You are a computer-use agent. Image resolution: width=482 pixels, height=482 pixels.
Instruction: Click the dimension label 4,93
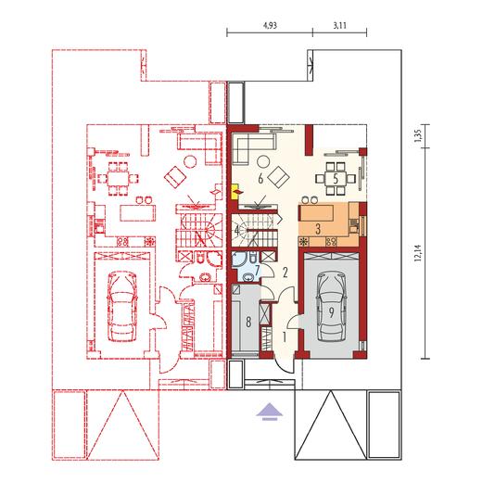(x=270, y=25)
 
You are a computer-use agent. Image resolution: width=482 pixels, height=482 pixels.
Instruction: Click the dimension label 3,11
(x=339, y=25)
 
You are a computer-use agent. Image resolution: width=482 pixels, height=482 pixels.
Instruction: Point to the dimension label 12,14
(x=418, y=253)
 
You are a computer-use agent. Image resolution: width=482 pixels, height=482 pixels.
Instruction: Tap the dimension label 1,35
(x=418, y=135)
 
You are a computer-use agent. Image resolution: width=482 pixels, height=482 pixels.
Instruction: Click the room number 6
(x=260, y=179)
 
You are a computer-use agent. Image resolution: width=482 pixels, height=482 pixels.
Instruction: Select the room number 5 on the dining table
(x=336, y=179)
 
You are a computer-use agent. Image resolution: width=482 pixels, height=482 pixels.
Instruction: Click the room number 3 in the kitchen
(x=318, y=229)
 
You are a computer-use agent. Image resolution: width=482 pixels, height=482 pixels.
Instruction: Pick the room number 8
(x=248, y=323)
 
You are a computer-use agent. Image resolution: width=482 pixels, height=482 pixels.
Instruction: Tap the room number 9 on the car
(x=331, y=312)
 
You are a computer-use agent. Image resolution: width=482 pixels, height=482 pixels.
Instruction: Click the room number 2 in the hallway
(x=285, y=273)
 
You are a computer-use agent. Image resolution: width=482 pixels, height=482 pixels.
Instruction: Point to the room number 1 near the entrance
(x=285, y=337)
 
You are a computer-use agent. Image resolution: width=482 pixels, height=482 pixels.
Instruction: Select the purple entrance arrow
(x=270, y=412)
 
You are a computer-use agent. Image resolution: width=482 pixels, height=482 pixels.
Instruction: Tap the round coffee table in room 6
(x=263, y=161)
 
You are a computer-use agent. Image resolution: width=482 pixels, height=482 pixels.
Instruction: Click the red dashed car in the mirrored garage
(x=122, y=307)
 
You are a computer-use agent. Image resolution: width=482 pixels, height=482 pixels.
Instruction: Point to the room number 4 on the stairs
(x=236, y=230)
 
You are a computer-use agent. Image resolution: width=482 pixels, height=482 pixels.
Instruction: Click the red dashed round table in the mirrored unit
(x=190, y=161)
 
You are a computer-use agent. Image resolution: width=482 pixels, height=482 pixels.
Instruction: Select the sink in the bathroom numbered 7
(x=247, y=277)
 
